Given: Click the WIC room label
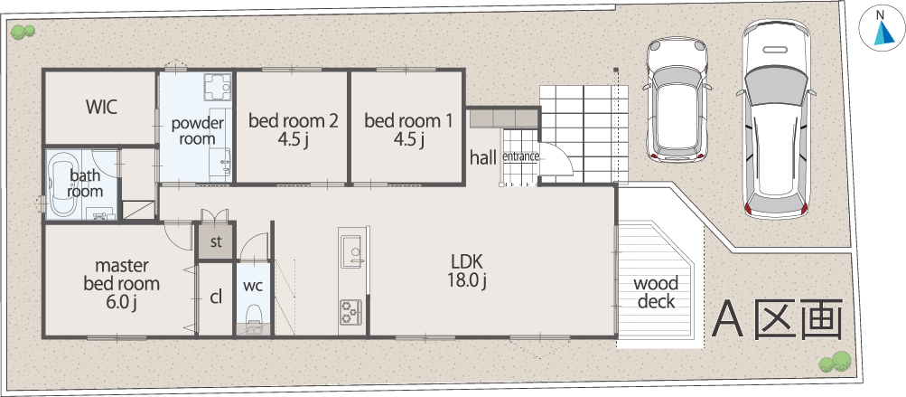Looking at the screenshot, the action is pos(102,107).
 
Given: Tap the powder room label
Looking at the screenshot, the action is pos(198,131).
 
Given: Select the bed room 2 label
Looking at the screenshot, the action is pos(293,129).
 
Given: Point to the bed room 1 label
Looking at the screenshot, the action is pos(408,129).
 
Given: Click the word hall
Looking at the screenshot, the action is pos(483,156).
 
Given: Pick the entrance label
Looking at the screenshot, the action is pos(521,156).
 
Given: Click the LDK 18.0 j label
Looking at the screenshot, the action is pos(467,270).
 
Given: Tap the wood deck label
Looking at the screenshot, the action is pos(656,293).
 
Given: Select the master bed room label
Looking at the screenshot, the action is pos(121,284).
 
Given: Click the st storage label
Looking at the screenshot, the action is pos(216,241).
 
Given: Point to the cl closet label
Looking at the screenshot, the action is pos(216,298).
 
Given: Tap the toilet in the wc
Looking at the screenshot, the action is pos(253,319).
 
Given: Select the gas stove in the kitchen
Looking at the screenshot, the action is pos(350,311).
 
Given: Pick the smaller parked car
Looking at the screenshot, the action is pos(677,99).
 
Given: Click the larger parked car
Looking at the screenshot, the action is pos(775,119).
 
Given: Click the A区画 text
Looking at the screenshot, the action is pos(777,320).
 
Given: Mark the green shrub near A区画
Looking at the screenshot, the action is pos(835,362).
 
